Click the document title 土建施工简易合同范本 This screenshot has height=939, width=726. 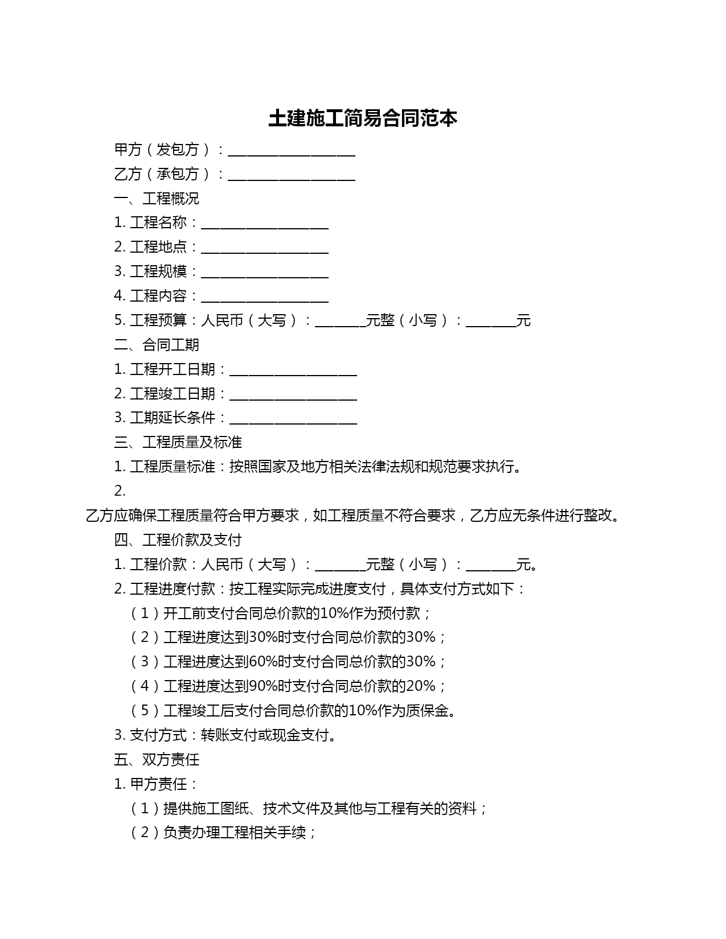pos(363,118)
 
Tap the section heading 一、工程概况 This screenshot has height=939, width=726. pos(157,199)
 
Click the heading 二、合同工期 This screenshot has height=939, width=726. pos(157,345)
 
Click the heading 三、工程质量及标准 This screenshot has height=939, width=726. pos(178,442)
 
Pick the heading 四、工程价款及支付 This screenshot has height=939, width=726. pos(178,539)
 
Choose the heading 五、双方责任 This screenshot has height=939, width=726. pos(157,760)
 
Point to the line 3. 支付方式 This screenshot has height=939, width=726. pos(225,735)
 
